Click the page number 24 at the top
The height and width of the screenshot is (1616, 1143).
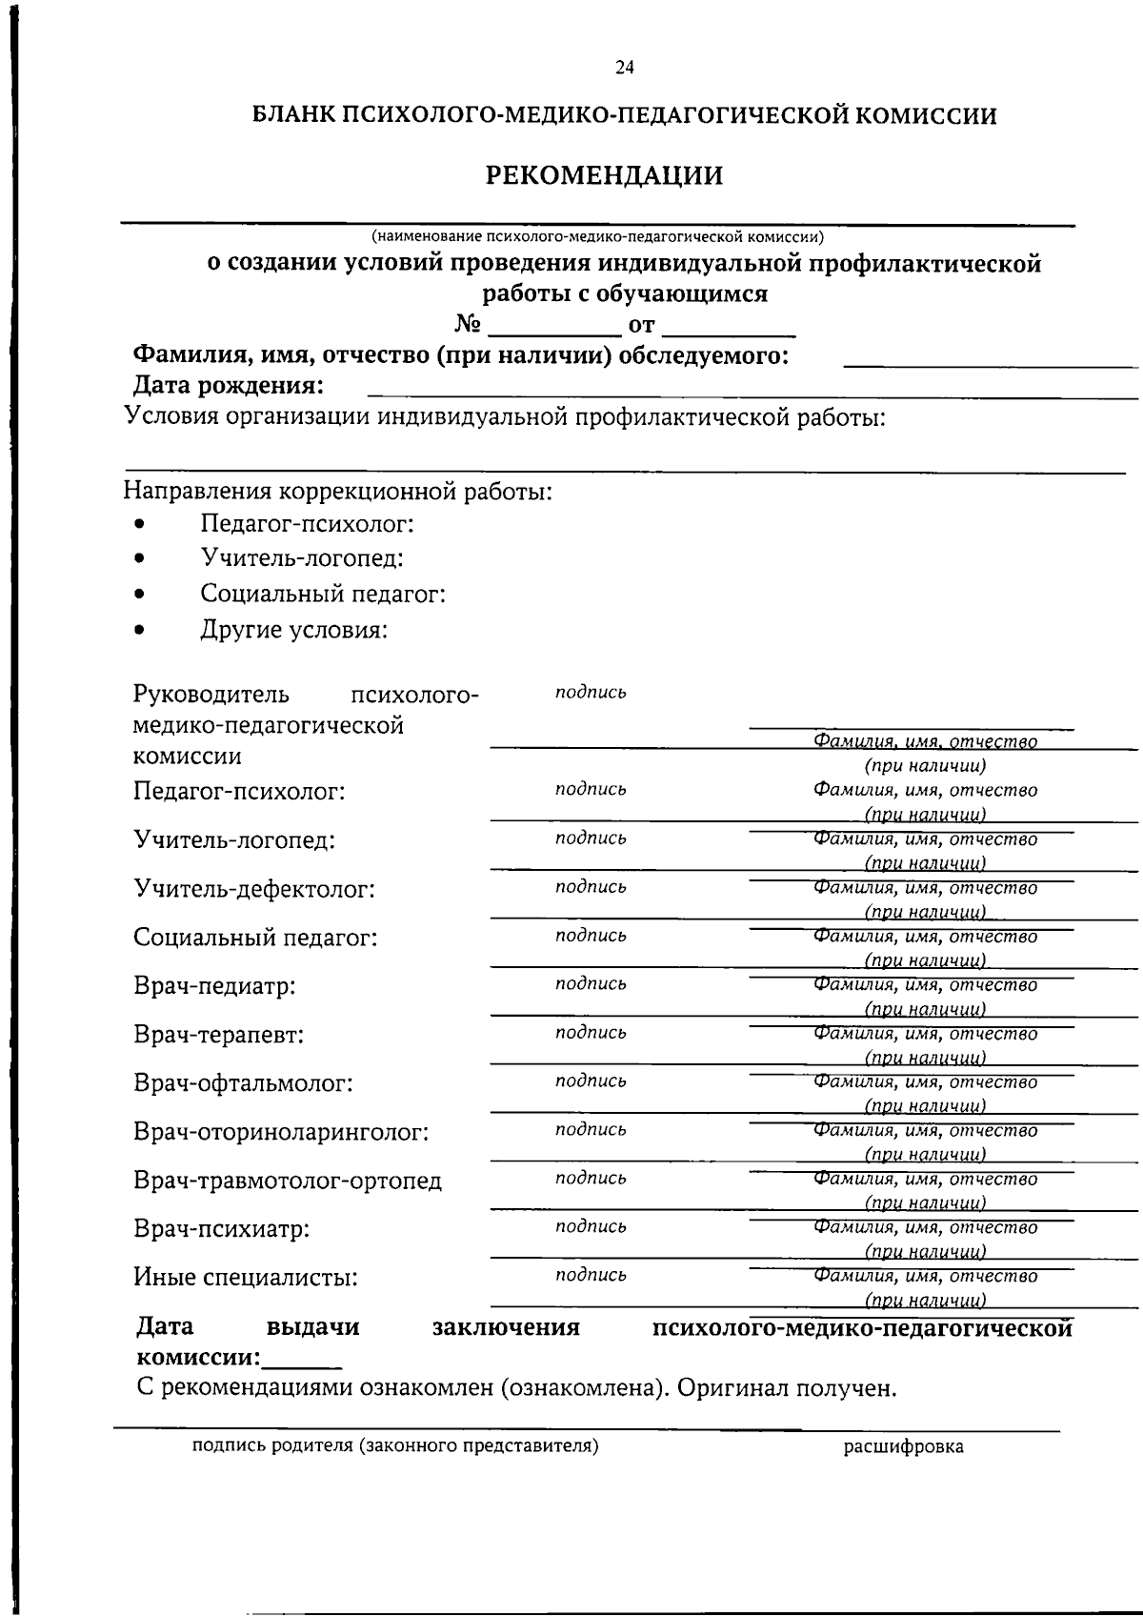pyautogui.click(x=625, y=68)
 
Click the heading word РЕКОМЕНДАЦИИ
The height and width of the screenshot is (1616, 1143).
pyautogui.click(x=605, y=176)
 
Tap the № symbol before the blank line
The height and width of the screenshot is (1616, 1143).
pyautogui.click(x=467, y=325)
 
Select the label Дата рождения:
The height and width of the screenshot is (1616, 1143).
pyautogui.click(x=228, y=386)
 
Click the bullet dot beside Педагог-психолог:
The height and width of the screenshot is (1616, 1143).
pyautogui.click(x=141, y=525)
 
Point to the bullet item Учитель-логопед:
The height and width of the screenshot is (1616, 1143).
pyautogui.click(x=301, y=558)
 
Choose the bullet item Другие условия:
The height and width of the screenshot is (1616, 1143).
pyautogui.click(x=293, y=630)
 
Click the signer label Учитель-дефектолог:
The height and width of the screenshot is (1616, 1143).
pyautogui.click(x=254, y=890)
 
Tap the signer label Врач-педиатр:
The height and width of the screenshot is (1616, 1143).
pyautogui.click(x=214, y=986)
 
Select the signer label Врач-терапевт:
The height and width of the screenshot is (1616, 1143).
pyautogui.click(x=219, y=1035)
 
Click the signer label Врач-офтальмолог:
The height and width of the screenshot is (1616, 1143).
pyautogui.click(x=243, y=1083)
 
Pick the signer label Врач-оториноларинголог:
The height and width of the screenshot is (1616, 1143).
pyautogui.click(x=281, y=1132)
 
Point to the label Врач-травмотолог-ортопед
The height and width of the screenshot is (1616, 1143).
pyautogui.click(x=288, y=1182)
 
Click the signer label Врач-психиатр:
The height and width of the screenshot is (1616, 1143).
pyautogui.click(x=222, y=1229)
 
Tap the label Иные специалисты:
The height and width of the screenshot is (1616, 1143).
pyautogui.click(x=246, y=1278)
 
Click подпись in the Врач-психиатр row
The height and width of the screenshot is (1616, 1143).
pyautogui.click(x=591, y=1226)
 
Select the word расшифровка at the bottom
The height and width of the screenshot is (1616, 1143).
pyautogui.click(x=903, y=1447)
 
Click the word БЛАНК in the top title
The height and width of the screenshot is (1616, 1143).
pyautogui.click(x=292, y=116)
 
